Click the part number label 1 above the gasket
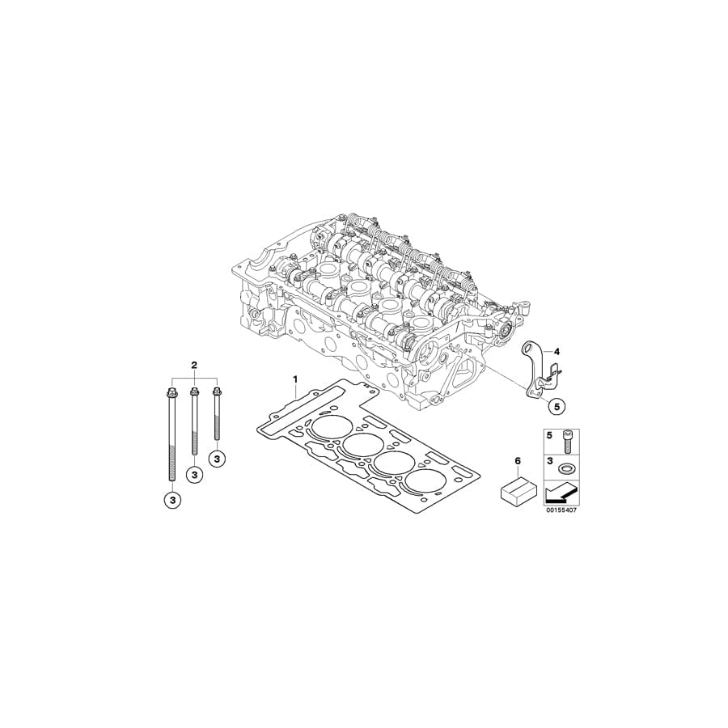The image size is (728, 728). point(295,379)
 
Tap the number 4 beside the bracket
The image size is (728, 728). point(535,351)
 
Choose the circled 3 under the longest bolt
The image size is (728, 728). point(172,501)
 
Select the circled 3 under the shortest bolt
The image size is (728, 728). point(217,458)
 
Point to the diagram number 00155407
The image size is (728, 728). point(559,511)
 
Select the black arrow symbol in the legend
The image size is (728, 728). point(561,491)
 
